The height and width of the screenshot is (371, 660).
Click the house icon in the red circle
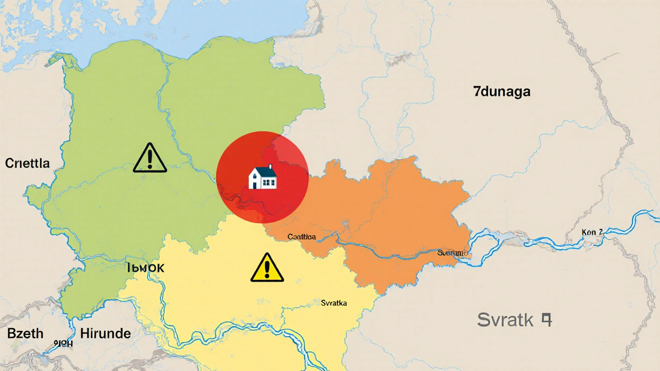click(262, 177)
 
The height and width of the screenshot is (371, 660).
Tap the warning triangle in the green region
click(150, 158)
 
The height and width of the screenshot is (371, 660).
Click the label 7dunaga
click(502, 92)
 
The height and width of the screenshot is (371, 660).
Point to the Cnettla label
click(27, 163)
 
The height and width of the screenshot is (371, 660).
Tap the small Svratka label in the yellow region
click(334, 303)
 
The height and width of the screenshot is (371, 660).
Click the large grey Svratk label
click(505, 320)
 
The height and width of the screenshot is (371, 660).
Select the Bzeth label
click(25, 333)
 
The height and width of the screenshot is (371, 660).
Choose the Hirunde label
click(105, 333)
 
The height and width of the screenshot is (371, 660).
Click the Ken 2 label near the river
click(592, 232)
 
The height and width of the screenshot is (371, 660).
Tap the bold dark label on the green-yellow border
click(146, 268)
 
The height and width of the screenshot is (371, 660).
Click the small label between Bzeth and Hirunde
click(63, 343)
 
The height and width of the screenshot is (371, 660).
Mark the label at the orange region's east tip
click(453, 253)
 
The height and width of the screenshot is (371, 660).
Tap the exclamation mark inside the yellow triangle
click(267, 269)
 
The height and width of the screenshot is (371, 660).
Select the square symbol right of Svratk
click(546, 320)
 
